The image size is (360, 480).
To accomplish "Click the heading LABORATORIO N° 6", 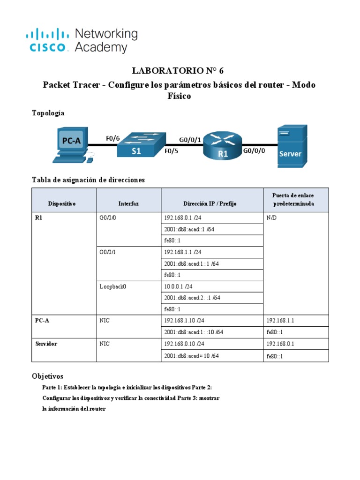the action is pyautogui.click(x=178, y=71).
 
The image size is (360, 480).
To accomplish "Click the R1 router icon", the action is pyautogui.click(x=222, y=145).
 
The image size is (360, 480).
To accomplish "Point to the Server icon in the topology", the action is pyautogui.click(x=292, y=145).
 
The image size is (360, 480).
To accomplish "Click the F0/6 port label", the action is pyautogui.click(x=112, y=138).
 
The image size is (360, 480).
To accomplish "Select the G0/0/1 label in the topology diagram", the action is pyautogui.click(x=190, y=139).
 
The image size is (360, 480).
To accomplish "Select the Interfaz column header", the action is pyautogui.click(x=128, y=204).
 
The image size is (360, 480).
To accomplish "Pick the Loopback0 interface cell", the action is pyautogui.click(x=113, y=286).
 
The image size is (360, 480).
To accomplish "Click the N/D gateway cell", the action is pyautogui.click(x=272, y=218).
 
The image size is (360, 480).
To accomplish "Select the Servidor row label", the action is pyautogui.click(x=46, y=344).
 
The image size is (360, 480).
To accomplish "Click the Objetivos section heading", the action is pyautogui.click(x=47, y=376).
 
